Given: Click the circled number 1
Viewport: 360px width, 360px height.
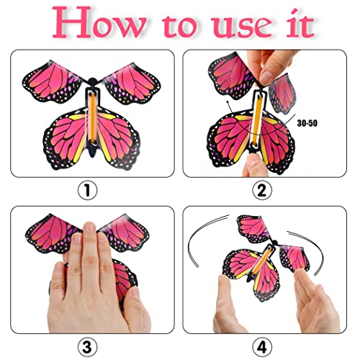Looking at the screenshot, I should tap(86, 191).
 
